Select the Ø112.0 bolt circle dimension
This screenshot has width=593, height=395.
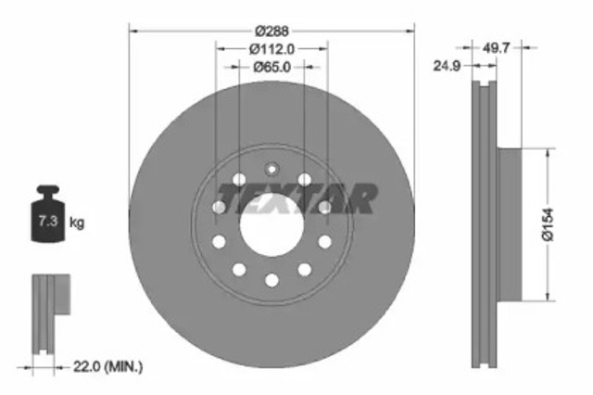pos(271,48)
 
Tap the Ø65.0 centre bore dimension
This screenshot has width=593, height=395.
pos(271,67)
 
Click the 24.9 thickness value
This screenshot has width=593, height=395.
pos(454,66)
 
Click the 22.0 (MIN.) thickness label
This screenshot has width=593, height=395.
pos(109,368)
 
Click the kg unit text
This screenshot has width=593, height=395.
pos(78,223)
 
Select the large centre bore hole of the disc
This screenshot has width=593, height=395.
pos(271,225)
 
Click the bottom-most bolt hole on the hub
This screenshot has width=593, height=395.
pos(271,280)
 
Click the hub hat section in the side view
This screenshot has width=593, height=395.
pos(511,225)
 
